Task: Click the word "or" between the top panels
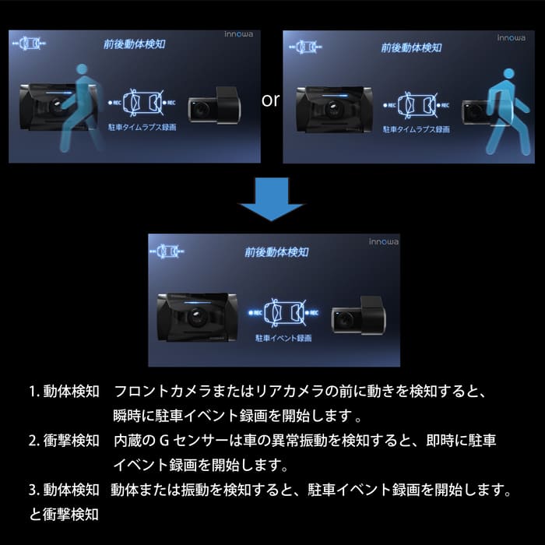click(271, 100)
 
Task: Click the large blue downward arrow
click(270, 203)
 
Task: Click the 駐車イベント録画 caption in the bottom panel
click(283, 339)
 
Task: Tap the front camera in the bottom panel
click(195, 316)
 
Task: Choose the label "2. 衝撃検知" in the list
click(64, 441)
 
